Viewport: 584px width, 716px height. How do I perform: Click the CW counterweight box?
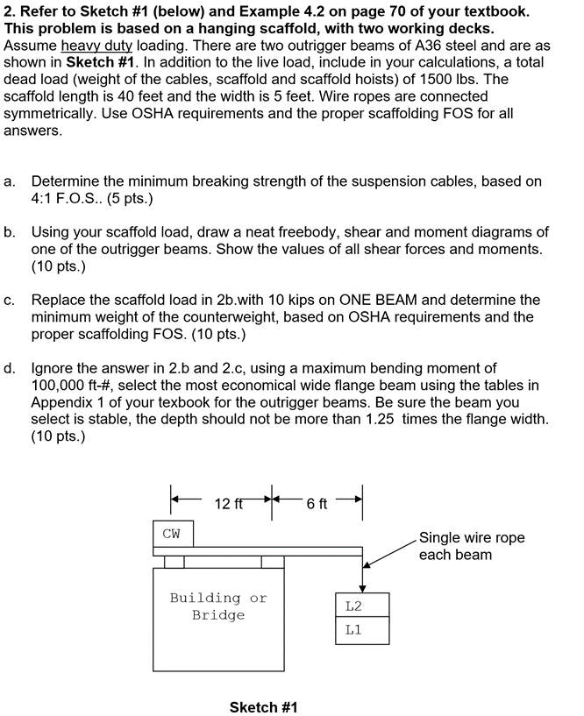click(173, 534)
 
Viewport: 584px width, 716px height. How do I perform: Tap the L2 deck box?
click(362, 605)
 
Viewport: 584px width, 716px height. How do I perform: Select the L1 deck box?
click(362, 631)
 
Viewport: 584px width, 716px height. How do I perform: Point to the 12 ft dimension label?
click(229, 504)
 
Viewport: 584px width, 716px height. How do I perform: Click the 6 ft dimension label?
click(317, 504)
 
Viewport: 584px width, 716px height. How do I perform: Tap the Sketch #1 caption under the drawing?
click(263, 707)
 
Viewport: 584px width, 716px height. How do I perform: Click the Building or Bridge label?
click(218, 606)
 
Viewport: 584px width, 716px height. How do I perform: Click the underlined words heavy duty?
click(96, 46)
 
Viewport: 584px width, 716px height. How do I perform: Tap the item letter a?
click(9, 181)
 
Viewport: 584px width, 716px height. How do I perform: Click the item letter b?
click(9, 232)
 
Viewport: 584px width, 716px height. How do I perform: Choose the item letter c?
click(9, 301)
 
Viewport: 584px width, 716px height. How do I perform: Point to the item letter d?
click(9, 368)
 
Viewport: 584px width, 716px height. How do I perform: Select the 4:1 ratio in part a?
click(41, 199)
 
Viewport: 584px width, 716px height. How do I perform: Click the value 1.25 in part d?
click(380, 419)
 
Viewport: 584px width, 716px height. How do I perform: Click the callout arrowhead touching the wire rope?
click(365, 565)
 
